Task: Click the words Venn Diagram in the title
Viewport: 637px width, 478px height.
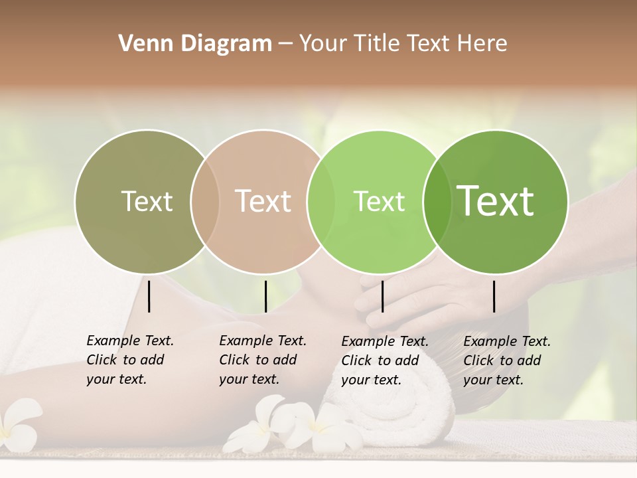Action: click(195, 44)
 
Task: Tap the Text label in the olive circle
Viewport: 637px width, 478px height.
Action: click(147, 201)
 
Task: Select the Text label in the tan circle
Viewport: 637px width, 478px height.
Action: click(263, 201)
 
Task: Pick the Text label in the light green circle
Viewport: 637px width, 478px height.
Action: click(379, 201)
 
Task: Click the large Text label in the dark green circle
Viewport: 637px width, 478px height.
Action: click(496, 200)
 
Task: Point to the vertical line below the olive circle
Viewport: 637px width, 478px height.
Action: click(149, 296)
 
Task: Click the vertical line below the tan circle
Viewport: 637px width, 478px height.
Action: click(265, 296)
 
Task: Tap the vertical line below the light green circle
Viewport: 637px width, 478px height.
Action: click(382, 296)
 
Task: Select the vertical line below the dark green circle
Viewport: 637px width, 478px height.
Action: click(494, 296)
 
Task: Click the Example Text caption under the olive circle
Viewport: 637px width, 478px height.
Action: click(130, 360)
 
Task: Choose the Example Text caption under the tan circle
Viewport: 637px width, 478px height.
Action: click(263, 360)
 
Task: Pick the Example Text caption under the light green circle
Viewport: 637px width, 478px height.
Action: click(385, 360)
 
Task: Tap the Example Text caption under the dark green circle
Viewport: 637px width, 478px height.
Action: click(507, 360)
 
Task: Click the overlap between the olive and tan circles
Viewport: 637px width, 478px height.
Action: click(205, 201)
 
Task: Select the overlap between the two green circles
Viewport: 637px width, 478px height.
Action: click(437, 201)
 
